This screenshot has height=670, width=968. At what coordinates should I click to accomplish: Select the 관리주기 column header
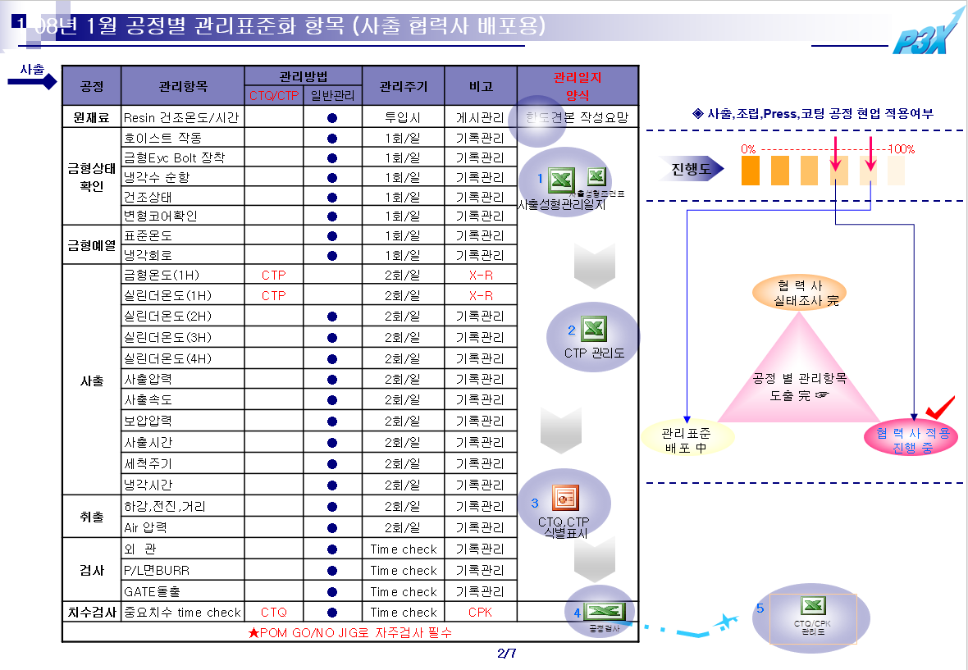coord(403,86)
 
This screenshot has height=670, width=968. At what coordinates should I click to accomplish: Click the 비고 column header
coord(481,86)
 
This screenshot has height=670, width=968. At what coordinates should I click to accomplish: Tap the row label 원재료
coord(91,117)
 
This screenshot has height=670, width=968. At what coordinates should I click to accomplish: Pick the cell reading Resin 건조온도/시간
coord(181,117)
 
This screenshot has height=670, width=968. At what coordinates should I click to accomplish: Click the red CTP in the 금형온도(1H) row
coord(273,276)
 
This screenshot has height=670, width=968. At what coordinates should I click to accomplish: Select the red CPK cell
coord(481,613)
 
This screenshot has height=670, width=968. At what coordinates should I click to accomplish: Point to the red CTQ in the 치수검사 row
coord(273,613)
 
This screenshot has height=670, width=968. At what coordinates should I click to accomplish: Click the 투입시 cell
coord(403,117)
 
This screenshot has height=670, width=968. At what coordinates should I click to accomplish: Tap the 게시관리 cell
coord(481,117)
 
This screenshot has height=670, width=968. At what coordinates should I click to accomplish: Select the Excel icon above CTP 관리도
coord(594,329)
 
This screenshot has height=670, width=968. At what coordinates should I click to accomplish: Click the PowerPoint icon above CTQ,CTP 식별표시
coord(564,497)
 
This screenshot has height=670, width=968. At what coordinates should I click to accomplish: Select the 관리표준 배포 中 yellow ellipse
coord(687,440)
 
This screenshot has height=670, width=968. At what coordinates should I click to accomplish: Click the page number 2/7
coord(506,654)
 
